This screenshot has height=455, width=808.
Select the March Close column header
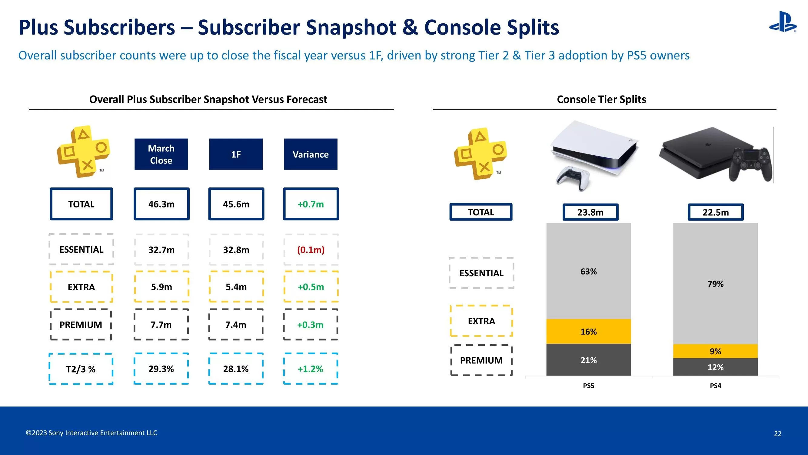click(x=161, y=154)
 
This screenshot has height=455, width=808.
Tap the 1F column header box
click(x=236, y=154)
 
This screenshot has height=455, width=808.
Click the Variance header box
click(x=311, y=154)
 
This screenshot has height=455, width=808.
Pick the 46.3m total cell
click(x=161, y=204)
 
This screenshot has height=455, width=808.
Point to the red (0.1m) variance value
click(x=311, y=250)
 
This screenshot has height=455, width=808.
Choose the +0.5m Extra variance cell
click(x=311, y=287)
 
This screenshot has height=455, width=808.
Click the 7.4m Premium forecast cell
click(x=236, y=325)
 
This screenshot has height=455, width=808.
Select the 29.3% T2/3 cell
click(x=161, y=369)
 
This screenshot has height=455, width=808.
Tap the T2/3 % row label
click(x=81, y=369)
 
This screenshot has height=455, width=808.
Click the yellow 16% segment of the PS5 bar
click(x=588, y=332)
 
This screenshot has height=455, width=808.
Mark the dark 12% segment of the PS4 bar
click(x=715, y=367)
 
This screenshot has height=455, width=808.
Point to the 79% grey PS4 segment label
click(x=715, y=284)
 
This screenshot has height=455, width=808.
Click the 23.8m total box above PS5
click(x=590, y=212)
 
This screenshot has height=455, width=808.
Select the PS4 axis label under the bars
click(x=715, y=386)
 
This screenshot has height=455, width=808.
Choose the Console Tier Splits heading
click(x=601, y=99)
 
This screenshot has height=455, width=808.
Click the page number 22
click(x=778, y=434)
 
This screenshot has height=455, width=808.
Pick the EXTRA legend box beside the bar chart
click(x=481, y=321)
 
